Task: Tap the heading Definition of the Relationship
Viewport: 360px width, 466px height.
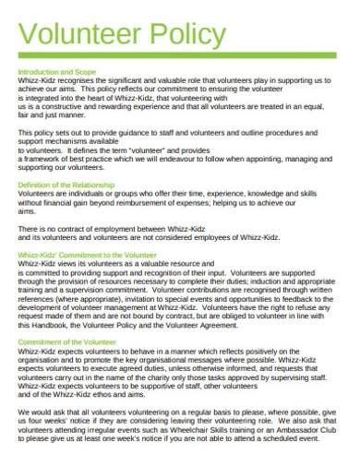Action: pos(66,185)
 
